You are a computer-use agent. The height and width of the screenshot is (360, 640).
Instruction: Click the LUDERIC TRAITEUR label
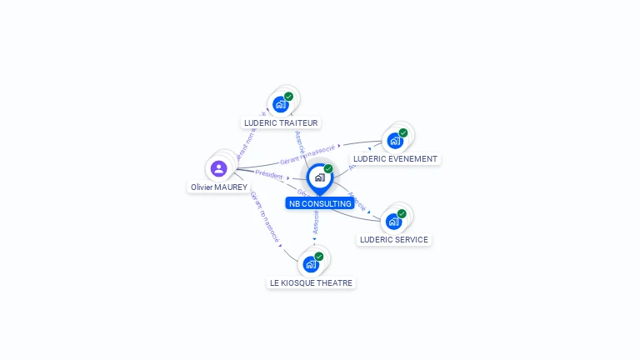pos(281,122)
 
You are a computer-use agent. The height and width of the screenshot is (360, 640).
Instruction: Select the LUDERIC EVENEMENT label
pos(395,158)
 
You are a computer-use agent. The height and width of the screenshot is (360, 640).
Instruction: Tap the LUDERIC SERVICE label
pos(393,239)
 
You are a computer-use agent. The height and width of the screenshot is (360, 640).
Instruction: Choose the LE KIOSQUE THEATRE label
pos(312,282)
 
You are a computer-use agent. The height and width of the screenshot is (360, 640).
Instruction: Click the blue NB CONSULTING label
pos(320,203)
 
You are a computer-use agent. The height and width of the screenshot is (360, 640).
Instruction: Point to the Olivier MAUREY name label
pos(218,187)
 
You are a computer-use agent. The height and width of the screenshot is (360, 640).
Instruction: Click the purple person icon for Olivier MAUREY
pos(219,168)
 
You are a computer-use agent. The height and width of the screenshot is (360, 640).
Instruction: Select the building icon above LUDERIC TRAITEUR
pos(281,104)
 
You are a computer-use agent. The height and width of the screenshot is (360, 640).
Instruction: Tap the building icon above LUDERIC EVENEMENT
pos(395,140)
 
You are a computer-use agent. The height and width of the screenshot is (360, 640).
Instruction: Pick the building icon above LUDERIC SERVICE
pos(393,221)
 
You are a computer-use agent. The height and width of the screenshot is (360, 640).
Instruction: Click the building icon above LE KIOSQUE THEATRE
pos(311,264)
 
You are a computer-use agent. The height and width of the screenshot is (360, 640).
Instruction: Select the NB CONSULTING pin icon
pos(319,177)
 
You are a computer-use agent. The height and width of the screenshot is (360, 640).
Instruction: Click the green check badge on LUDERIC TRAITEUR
pos(288,97)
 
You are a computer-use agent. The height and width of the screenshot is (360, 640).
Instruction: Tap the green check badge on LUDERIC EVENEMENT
pos(403,132)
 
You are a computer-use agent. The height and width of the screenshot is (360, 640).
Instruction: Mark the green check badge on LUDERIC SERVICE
pos(402,213)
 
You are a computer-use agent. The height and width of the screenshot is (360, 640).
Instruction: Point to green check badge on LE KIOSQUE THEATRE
pos(319,257)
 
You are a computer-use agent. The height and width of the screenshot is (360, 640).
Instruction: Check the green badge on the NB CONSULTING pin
pos(328,168)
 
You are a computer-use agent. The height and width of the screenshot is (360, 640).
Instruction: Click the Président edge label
pos(269,174)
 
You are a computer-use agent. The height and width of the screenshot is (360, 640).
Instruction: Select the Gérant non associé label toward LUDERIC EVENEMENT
pos(308,152)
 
